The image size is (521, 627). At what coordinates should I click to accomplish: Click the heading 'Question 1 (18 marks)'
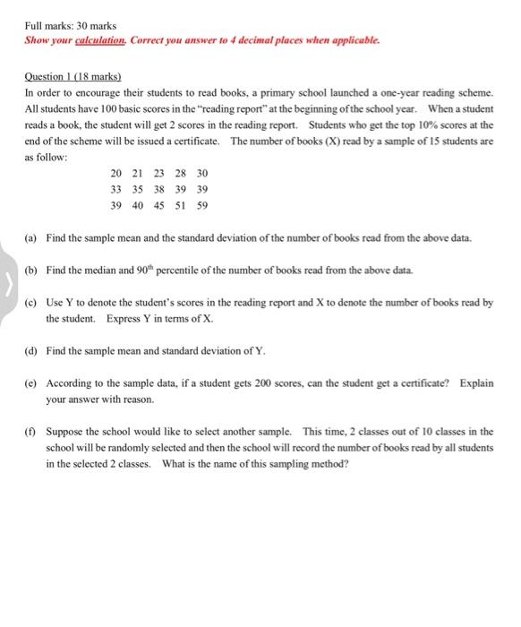coord(73,78)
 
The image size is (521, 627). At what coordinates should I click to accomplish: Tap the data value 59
coord(202,205)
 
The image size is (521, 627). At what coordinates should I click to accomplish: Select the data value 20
coord(116,173)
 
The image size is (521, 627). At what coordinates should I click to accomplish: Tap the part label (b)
coord(30,270)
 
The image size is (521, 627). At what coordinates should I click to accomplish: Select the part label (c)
coord(30,303)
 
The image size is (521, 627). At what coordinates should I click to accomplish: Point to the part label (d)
coord(30,350)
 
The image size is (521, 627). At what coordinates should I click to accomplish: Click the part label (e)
coord(30,382)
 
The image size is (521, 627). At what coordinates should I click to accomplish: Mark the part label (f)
coord(30,431)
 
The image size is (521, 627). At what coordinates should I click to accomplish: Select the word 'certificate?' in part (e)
coord(428,382)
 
